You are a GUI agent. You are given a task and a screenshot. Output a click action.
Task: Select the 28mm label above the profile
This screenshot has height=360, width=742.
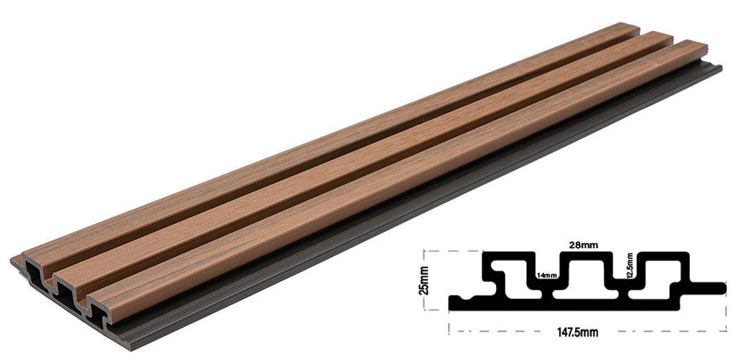pyautogui.click(x=583, y=244)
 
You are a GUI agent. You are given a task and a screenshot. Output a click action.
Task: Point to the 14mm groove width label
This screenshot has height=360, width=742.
pyautogui.click(x=546, y=275)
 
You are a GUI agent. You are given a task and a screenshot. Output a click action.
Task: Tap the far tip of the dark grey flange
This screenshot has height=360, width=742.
pyautogui.click(x=718, y=67)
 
